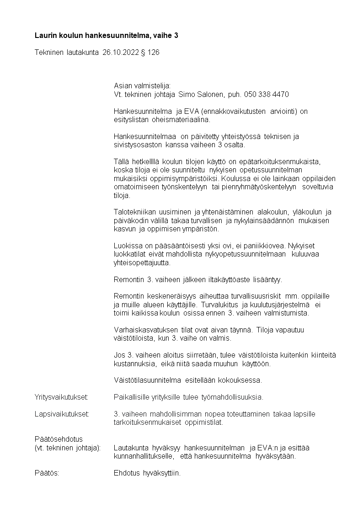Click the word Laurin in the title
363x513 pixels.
pos(46,35)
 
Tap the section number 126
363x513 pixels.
pos(154,53)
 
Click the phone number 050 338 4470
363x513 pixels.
pos(267,94)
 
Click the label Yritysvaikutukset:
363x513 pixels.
pos(61,397)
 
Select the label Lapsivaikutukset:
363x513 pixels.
pos(62,414)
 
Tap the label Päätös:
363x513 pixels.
pos(47,473)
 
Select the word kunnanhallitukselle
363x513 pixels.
pos(144,456)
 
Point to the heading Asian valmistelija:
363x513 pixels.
pos(142,85)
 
